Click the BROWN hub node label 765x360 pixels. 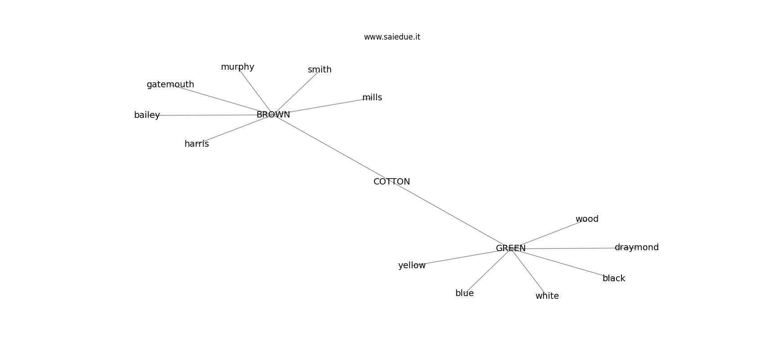coord(273,115)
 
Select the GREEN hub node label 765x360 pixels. coord(511,248)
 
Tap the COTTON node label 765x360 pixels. coord(391,182)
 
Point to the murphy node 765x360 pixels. coord(238,67)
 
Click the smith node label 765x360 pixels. coord(319,70)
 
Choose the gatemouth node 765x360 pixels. coord(171,84)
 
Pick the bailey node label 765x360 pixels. coord(147,115)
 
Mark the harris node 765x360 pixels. coord(197,144)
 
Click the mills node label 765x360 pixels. coord(372,98)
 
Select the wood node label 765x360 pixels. coord(587,219)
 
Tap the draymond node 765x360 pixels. coord(637,247)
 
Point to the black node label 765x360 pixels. coord(614,279)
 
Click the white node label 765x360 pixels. coord(547,296)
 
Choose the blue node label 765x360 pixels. coord(464,293)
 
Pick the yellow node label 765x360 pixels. coord(412,265)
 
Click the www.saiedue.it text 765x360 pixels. coord(392,37)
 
